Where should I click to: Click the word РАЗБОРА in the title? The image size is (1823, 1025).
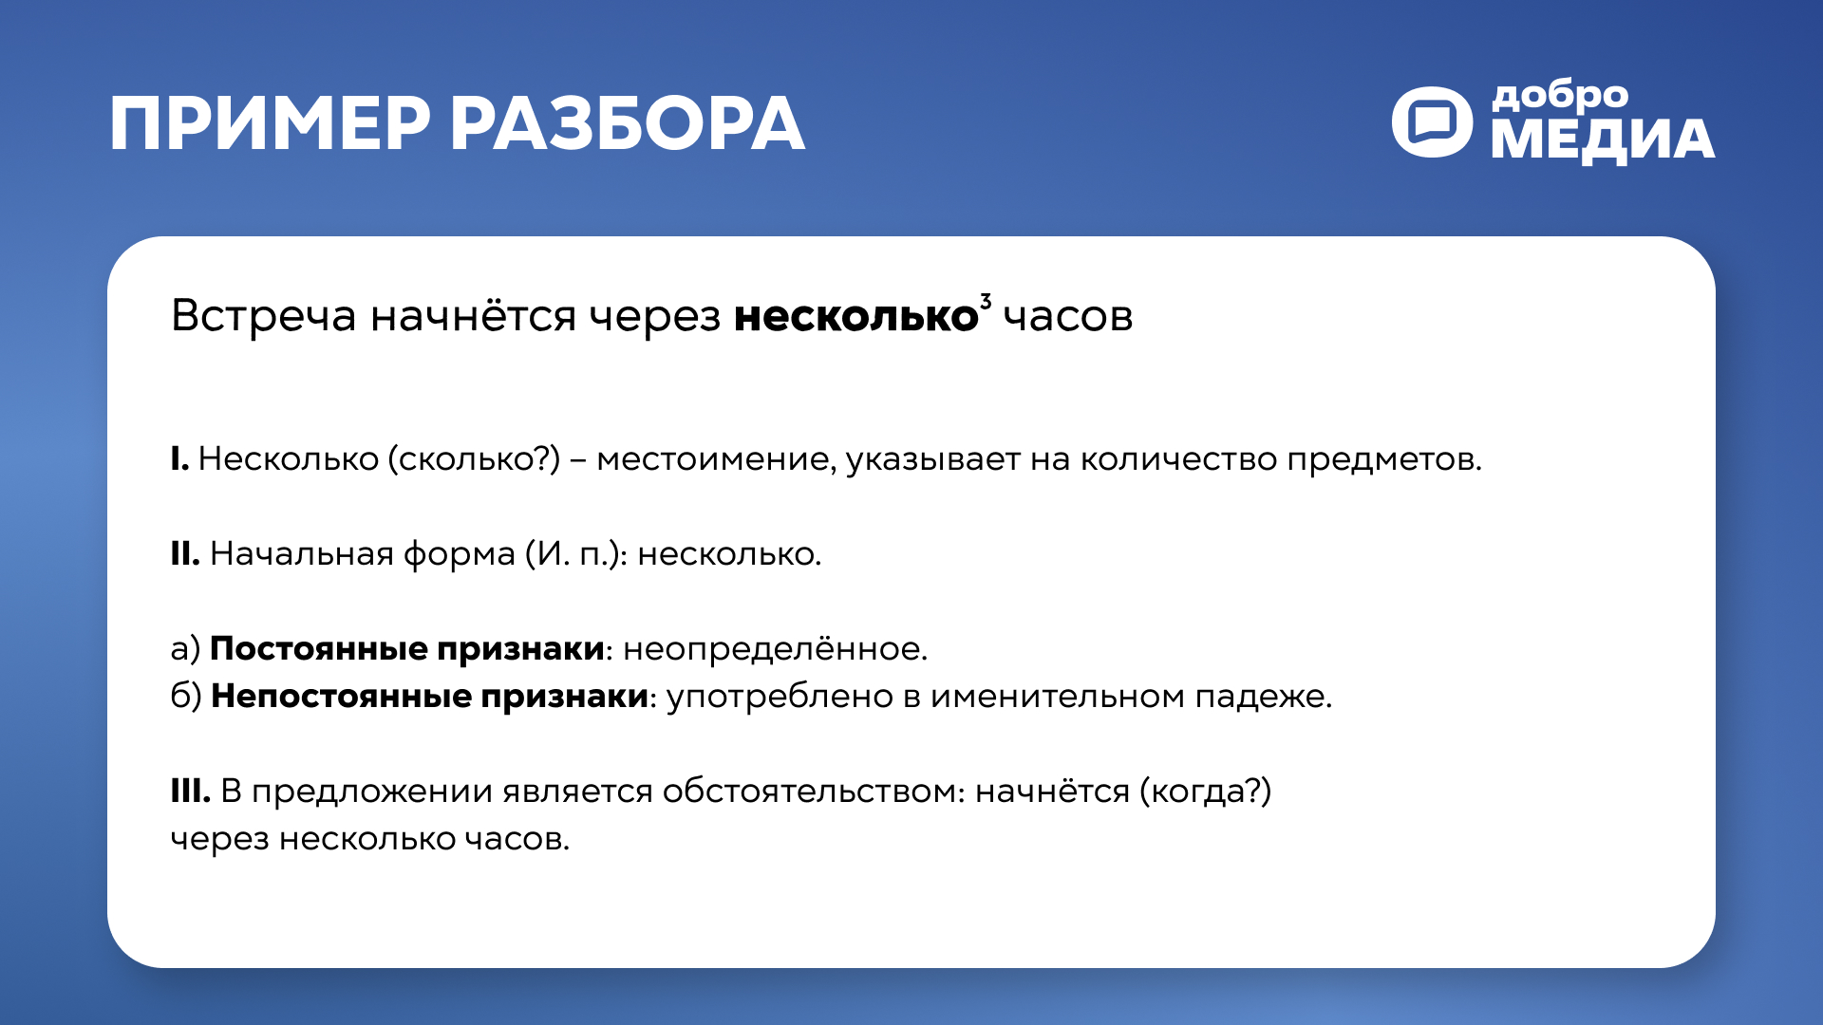(x=627, y=124)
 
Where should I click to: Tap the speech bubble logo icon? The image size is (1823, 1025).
(x=1432, y=122)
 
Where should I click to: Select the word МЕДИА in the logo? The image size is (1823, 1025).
(x=1603, y=140)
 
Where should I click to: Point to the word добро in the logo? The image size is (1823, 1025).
(x=1560, y=96)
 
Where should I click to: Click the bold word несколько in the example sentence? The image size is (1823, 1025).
(x=855, y=316)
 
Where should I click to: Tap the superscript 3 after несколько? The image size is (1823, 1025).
(x=986, y=302)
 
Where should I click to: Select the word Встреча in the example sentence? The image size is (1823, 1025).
(x=263, y=316)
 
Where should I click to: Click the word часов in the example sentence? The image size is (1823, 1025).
(x=1068, y=316)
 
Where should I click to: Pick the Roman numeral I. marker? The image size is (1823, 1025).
(x=179, y=459)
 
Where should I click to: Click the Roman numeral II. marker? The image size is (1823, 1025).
(x=184, y=554)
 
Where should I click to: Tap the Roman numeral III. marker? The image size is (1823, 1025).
(x=190, y=792)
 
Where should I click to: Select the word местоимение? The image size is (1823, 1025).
(x=716, y=459)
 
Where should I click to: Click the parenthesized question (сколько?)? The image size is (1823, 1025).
(x=474, y=459)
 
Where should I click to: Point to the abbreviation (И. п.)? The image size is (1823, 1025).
(x=576, y=554)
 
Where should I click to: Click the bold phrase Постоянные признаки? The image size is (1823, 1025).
(x=406, y=649)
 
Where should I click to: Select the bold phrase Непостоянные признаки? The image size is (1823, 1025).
(x=429, y=697)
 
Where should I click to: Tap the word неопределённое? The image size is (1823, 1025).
(x=774, y=649)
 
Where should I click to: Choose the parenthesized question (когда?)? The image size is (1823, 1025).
(x=1205, y=792)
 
